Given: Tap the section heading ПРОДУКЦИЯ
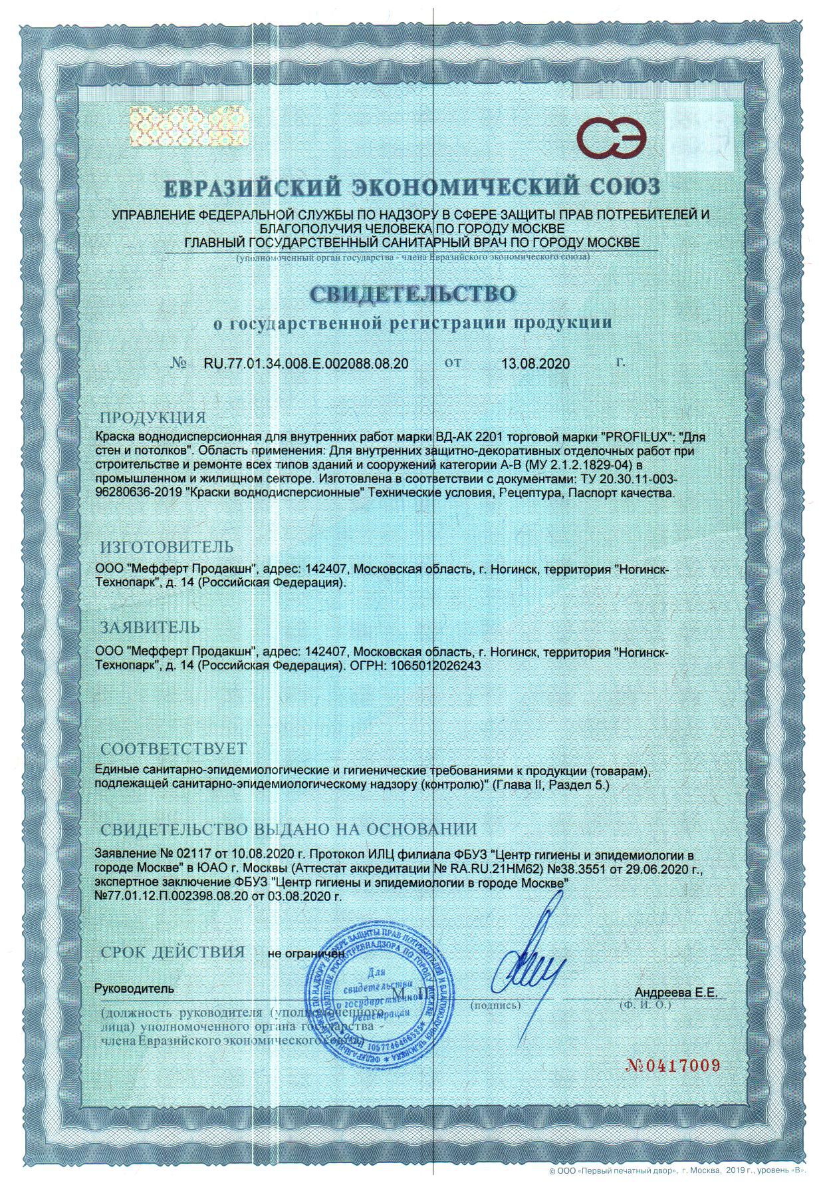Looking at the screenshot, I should point(153,418).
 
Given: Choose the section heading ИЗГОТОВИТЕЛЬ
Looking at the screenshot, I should point(167,547).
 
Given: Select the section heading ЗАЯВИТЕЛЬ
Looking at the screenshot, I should point(150,627).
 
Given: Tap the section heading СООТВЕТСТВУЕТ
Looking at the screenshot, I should point(173,749).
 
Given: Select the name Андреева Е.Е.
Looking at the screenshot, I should point(677,992).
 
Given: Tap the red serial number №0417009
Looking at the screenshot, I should point(673,1066).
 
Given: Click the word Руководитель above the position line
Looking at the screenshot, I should point(135,988).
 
